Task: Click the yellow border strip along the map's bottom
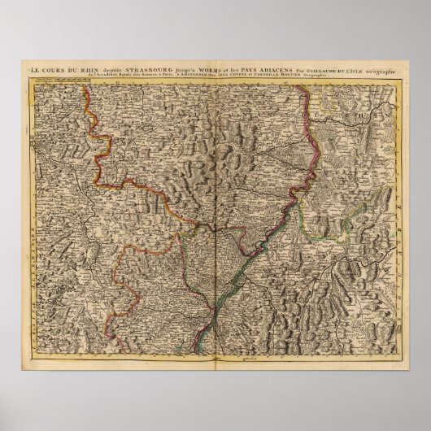tap(215, 355)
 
